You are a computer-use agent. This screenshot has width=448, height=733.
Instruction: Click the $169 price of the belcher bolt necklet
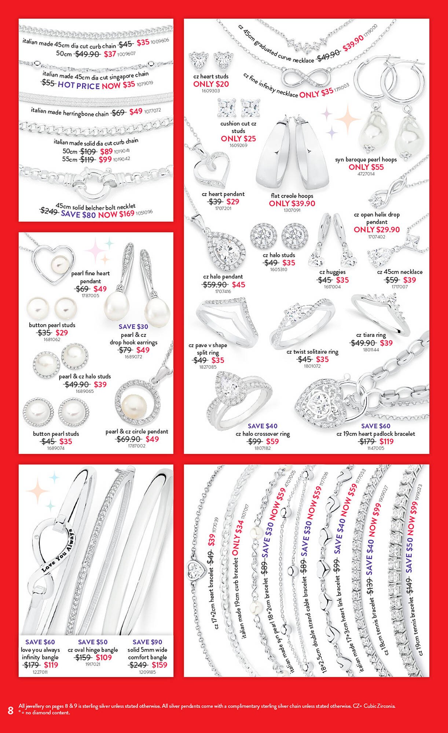[x=126, y=213]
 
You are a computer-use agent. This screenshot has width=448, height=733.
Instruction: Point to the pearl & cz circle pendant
[x=136, y=402]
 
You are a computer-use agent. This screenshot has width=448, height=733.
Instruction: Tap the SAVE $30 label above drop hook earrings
[x=133, y=327]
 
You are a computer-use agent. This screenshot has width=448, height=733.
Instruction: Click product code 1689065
[x=85, y=391]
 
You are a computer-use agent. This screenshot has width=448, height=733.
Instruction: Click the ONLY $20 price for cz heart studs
[x=211, y=84]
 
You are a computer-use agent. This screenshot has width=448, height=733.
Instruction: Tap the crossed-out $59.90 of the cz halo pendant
[x=215, y=285]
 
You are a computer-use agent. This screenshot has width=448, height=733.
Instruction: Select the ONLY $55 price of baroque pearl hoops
[x=366, y=167]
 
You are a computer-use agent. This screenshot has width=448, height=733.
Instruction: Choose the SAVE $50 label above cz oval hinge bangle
[x=93, y=642]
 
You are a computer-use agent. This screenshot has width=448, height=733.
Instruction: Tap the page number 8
[x=11, y=710]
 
